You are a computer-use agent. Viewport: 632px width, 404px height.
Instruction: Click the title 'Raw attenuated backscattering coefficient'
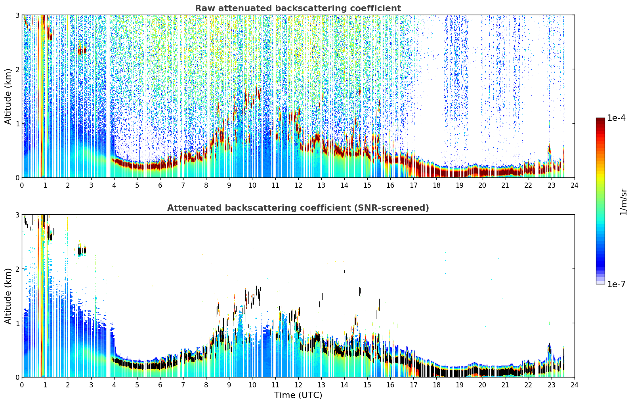pyautogui.click(x=298, y=8)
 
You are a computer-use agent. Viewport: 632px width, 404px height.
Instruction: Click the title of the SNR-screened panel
pyautogui.click(x=298, y=208)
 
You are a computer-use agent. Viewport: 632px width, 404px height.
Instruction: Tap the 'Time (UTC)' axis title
pyautogui.click(x=298, y=395)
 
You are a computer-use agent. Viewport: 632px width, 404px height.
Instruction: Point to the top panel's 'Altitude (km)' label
pyautogui.click(x=8, y=97)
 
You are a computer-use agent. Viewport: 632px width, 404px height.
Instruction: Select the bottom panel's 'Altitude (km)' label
pyautogui.click(x=8, y=296)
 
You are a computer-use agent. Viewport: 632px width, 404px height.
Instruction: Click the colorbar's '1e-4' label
pyautogui.click(x=617, y=118)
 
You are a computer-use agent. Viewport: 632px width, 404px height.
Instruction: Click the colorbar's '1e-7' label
pyautogui.click(x=617, y=284)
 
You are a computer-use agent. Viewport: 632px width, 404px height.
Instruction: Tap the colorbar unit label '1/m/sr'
pyautogui.click(x=623, y=202)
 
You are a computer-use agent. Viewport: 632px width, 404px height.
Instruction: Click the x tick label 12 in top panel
pyautogui.click(x=298, y=185)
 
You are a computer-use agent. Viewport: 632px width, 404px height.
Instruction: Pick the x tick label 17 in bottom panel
pyautogui.click(x=413, y=385)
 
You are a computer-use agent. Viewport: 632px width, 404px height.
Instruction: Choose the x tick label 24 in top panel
pyautogui.click(x=575, y=185)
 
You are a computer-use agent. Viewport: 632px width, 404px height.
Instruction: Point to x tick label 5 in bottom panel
pyautogui.click(x=137, y=385)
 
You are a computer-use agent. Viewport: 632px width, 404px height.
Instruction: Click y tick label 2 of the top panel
pyautogui.click(x=17, y=69)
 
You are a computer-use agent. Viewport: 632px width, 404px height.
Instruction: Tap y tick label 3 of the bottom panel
pyautogui.click(x=17, y=215)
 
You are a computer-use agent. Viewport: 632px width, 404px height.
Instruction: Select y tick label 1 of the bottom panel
pyautogui.click(x=17, y=323)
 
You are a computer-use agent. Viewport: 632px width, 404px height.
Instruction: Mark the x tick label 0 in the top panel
pyautogui.click(x=22, y=185)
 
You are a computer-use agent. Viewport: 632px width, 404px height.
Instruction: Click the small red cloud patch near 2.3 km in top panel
pyautogui.click(x=82, y=51)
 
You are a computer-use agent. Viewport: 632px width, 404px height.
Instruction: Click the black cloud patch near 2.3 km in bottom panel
pyautogui.click(x=81, y=250)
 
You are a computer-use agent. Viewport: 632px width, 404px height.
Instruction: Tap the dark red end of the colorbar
pyautogui.click(x=600, y=120)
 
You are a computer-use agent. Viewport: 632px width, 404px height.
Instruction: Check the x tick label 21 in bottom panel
pyautogui.click(x=505, y=385)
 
